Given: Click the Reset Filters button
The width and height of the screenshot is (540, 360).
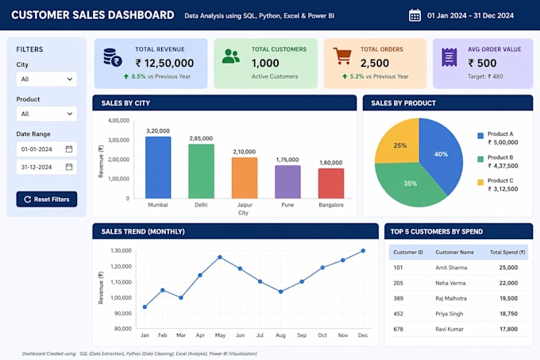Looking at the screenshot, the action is point(47,199).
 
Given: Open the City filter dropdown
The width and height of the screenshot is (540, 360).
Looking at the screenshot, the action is point(47,79).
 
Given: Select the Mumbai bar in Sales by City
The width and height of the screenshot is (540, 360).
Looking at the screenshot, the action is point(158,168).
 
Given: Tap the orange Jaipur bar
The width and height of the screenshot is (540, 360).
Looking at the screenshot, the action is point(245,178).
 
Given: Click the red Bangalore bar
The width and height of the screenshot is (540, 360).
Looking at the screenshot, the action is point(331,184).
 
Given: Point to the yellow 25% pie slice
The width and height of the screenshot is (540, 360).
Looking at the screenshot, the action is point(399,145).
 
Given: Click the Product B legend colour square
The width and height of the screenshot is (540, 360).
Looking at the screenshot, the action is point(480,159).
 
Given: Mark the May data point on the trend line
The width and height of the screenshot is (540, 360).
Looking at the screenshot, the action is point(220,257).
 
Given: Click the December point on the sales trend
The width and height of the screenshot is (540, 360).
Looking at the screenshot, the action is point(363,251).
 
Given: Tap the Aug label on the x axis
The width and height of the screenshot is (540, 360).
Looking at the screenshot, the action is point(280,335).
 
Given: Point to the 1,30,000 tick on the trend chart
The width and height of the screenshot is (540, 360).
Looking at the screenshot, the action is point(121,250).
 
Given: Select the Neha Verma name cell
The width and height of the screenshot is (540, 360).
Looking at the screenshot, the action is point(450,283).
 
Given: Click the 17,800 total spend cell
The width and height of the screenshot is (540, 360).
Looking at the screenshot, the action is point(509,329).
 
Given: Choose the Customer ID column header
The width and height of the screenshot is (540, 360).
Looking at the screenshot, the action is point(408,252).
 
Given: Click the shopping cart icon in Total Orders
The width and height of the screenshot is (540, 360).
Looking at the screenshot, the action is point(342,56).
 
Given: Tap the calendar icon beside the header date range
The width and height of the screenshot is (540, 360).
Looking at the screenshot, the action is point(415,16).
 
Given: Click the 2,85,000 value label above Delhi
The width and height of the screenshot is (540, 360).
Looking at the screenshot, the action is point(201,138).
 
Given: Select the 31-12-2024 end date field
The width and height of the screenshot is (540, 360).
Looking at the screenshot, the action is point(47,167).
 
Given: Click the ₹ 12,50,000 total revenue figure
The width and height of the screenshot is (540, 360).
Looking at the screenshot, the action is point(164,63).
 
